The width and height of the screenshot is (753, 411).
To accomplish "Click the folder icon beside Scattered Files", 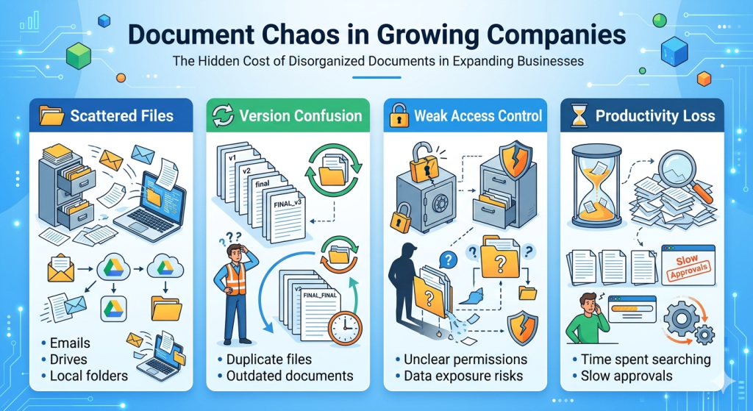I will [51, 115].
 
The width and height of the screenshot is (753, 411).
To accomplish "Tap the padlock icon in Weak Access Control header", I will [397, 115].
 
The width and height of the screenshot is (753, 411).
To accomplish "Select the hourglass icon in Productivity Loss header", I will [577, 115].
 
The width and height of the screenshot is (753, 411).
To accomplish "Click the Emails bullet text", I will [70, 343].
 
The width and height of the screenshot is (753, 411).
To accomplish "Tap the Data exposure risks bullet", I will [463, 376].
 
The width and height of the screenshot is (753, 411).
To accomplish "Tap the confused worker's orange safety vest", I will [235, 279].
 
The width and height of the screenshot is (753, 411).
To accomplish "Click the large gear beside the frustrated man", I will [680, 319].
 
